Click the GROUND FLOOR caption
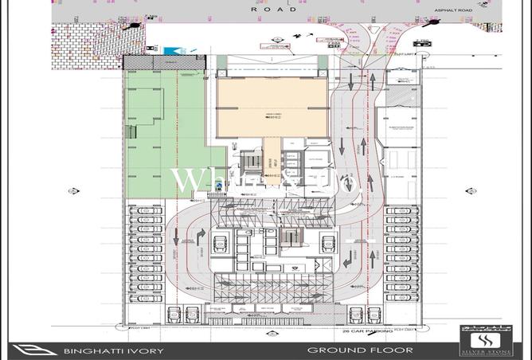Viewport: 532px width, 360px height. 361,350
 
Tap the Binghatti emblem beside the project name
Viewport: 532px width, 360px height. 29,349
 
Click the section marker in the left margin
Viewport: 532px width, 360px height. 73,191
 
